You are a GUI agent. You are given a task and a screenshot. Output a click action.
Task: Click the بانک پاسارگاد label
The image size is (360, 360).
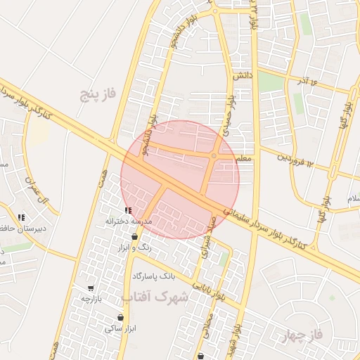[x=156, y=274]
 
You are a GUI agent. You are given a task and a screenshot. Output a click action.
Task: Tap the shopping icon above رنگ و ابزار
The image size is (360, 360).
[x=134, y=237]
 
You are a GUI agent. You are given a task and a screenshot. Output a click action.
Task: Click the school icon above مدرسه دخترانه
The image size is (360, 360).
[x=127, y=210]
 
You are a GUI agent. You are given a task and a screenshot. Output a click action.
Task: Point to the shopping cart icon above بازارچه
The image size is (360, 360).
[x=91, y=288]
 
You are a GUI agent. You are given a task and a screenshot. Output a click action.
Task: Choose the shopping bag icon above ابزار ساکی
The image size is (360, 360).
[x=121, y=318]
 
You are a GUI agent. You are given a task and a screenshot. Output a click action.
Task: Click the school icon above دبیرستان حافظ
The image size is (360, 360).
[x=22, y=217]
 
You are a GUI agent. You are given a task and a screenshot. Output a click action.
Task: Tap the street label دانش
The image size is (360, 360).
[x=240, y=74]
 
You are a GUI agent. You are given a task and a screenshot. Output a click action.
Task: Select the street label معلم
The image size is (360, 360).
[x=243, y=159]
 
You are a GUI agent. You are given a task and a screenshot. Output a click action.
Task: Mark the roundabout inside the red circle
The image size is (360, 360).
[x=214, y=155]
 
